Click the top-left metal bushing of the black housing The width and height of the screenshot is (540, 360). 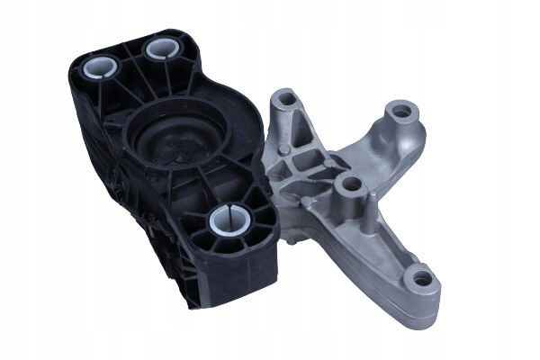pos(98,67)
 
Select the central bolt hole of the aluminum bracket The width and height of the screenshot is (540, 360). pos(351,184)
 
